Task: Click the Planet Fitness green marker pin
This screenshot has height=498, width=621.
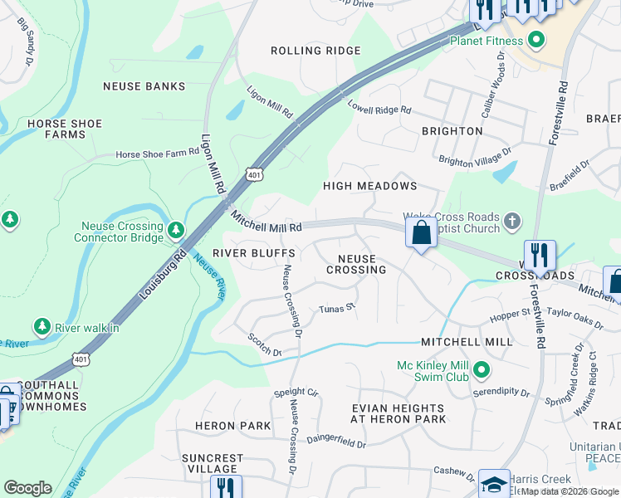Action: tap(536, 39)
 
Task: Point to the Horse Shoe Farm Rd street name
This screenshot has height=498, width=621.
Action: tap(158, 154)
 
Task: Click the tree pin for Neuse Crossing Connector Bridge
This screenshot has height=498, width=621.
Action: tap(175, 229)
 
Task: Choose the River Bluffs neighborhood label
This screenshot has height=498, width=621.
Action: tap(254, 252)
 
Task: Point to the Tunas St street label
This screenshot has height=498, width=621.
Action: tap(337, 309)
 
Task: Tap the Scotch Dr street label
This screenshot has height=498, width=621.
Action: tap(265, 344)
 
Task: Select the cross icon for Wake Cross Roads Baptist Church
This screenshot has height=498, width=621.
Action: tap(512, 221)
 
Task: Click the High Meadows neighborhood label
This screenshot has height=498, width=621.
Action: tap(369, 186)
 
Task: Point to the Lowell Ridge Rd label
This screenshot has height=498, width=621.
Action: tap(379, 108)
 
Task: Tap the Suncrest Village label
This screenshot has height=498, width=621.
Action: tap(213, 463)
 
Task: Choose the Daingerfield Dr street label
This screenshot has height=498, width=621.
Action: tap(336, 442)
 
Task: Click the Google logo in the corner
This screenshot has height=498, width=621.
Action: tap(27, 488)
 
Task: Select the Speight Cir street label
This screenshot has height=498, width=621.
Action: tap(296, 392)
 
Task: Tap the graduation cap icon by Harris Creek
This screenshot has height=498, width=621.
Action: tap(493, 485)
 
